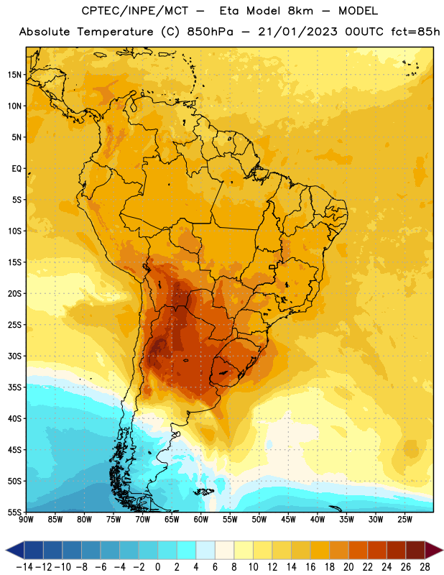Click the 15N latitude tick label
point(14,75)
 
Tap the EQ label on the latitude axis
point(17,169)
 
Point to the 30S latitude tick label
point(14,356)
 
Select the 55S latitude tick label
point(14,512)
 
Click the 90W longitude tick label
point(26,519)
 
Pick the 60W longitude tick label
point(201,519)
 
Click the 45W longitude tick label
point(288,519)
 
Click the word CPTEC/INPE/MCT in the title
point(135,11)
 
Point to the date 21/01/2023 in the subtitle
point(297,32)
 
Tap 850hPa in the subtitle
point(210,32)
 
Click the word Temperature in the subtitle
point(115,32)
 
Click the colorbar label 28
point(425,567)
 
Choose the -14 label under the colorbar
point(24,567)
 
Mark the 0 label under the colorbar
point(157,567)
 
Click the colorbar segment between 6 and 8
point(224,550)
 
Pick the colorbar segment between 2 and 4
point(186,550)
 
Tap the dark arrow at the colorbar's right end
point(433,550)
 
